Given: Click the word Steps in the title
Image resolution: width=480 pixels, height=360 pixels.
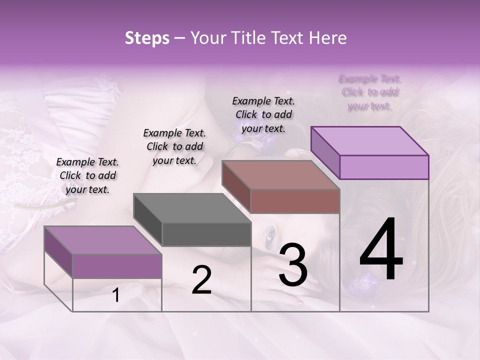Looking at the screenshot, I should tap(147, 38).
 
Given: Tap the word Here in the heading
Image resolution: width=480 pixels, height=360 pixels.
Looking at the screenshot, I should tap(324, 38).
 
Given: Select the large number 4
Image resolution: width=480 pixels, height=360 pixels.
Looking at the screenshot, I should tap(381, 250).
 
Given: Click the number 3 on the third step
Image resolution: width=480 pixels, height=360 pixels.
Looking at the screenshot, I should tap(293, 265).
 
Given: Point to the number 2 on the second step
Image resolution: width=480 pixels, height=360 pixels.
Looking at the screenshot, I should tap(201, 280).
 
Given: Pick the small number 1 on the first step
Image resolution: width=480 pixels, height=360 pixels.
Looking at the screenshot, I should tap(116, 295).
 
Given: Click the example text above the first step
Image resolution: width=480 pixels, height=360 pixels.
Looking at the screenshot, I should tap(87, 175).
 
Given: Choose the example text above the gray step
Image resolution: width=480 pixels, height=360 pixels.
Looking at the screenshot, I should tap(174, 146).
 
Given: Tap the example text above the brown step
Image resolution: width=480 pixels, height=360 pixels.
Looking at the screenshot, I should tap(263, 114).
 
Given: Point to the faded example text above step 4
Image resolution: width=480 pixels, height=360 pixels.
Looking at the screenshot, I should tap(370, 92).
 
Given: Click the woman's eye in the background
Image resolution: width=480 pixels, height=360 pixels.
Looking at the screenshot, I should tap(271, 232).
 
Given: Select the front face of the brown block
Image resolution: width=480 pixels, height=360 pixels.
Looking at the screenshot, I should tap(295, 201).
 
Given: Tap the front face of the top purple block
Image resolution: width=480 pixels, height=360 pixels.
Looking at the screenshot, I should tap(384, 167).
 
